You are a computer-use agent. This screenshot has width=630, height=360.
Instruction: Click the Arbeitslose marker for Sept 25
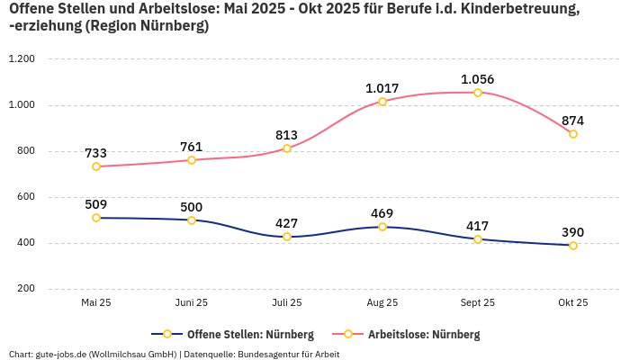coord(478,93)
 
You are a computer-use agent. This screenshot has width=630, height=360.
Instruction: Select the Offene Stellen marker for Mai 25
coord(96,218)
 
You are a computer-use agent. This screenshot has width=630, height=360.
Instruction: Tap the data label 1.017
coord(382,88)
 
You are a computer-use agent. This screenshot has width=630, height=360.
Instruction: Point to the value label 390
coord(573,232)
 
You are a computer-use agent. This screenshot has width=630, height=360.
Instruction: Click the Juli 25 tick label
coord(287,303)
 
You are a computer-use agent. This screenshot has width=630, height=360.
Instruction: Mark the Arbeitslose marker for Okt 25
coord(573,134)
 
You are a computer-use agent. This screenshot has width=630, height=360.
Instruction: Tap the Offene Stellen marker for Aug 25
coord(382,227)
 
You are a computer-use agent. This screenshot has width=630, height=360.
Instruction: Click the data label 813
coord(287,135)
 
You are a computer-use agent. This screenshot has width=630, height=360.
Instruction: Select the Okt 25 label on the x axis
coord(573,303)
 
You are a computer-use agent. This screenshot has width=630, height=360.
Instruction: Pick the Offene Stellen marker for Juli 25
coord(287,237)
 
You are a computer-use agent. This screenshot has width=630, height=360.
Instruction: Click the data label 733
coord(96,153)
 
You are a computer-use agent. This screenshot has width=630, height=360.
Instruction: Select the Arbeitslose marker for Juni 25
coord(192,160)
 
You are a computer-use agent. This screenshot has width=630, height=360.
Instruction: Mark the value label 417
coord(478,226)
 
